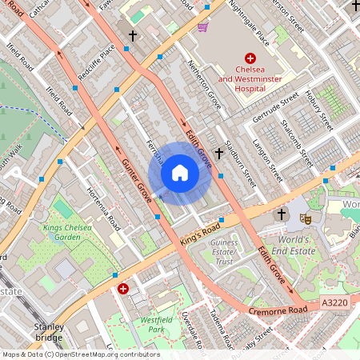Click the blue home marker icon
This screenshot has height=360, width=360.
180,173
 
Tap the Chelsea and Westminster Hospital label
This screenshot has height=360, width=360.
250,79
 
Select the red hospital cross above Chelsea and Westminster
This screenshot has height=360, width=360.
250,58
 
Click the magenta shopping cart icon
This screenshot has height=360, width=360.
202,26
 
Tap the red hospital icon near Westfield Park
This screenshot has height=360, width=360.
122,288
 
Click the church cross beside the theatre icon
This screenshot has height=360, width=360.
281,214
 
